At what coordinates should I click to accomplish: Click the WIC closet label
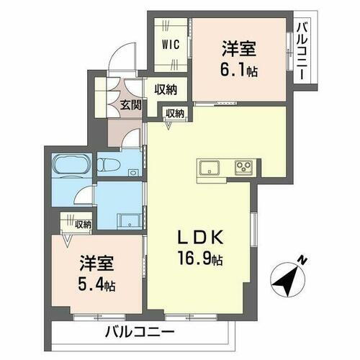tap(171, 42)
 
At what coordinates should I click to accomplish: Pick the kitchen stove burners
tap(243, 168)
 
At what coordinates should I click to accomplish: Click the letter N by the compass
tap(303, 260)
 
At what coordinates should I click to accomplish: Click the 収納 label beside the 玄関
tap(166, 90)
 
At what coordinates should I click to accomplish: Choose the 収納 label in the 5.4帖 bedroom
tap(81, 225)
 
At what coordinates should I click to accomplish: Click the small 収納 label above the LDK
tap(175, 113)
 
